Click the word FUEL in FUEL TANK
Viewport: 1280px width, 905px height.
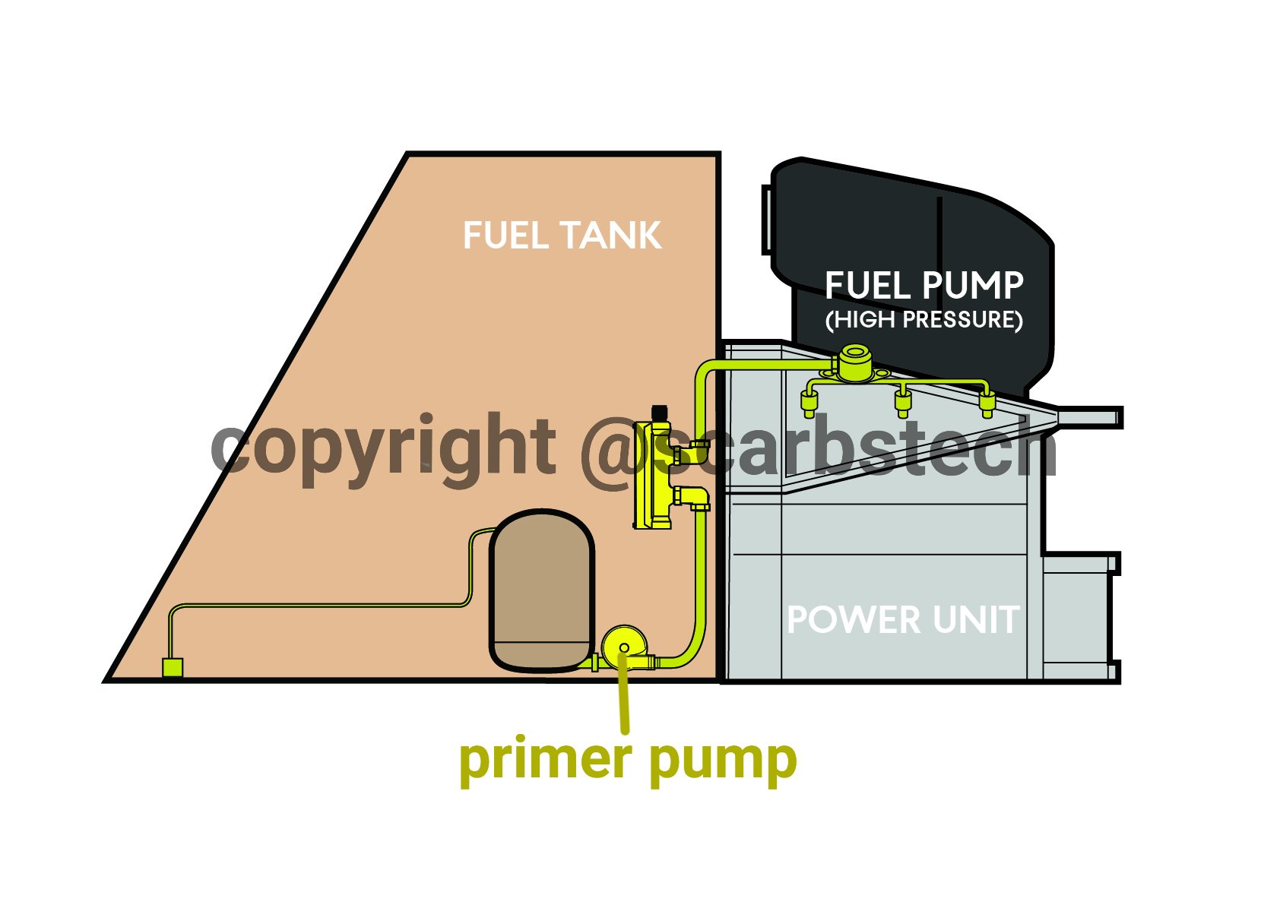click(507, 235)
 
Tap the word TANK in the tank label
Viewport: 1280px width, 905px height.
click(611, 235)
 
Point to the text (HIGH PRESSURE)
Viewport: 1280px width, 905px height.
click(924, 320)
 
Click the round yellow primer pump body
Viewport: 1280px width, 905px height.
click(624, 647)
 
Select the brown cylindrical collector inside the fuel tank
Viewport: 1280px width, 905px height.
click(542, 590)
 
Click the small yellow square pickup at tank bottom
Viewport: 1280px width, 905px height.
click(173, 666)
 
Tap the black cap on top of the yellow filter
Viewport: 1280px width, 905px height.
click(660, 413)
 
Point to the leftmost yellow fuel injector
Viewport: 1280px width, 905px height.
click(810, 404)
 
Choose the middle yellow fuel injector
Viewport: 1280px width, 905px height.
click(903, 404)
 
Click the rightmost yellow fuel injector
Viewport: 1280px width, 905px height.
click(987, 404)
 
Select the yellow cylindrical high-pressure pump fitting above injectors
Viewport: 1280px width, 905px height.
click(855, 363)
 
